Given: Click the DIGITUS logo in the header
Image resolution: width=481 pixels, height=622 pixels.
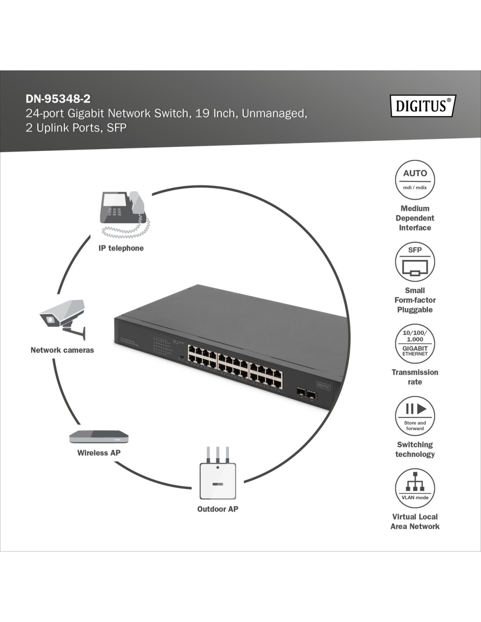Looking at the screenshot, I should tap(422, 106).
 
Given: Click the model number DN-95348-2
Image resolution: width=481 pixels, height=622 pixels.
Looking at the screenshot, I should tap(58, 99).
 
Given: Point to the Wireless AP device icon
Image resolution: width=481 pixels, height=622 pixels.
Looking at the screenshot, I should tap(99, 437).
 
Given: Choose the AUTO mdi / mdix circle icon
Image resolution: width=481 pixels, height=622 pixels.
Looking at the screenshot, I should tap(415, 180).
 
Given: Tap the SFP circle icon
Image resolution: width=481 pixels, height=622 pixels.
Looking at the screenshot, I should tap(415, 262).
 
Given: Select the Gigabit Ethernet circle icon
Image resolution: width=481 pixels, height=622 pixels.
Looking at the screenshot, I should tap(415, 343).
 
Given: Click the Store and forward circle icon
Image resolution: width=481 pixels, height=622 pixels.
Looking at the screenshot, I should tap(415, 416).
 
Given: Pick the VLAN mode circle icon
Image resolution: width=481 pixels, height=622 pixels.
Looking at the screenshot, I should tap(415, 488).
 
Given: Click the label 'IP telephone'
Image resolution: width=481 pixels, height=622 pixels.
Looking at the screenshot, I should tap(121, 248).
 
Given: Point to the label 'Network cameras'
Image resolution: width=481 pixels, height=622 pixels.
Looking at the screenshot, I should tap(62, 350).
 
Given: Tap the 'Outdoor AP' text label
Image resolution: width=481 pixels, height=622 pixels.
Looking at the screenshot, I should tap(218, 509).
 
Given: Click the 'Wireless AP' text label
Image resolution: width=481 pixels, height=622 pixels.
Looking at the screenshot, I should tap(99, 453).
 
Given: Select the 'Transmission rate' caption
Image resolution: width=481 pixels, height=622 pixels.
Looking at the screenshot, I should tap(415, 377).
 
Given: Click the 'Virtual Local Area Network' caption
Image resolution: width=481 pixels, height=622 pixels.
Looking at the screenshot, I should tap(415, 521).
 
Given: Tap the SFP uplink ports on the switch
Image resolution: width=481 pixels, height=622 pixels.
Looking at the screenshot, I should tap(306, 394).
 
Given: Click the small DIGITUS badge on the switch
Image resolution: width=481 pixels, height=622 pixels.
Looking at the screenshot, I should tap(324, 386).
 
